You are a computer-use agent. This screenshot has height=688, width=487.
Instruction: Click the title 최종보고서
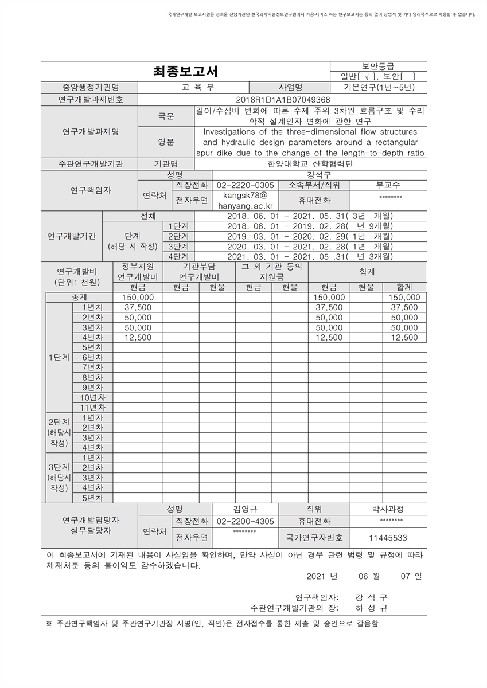pos(185,72)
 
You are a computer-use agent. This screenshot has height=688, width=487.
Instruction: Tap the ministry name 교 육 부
pos(193,88)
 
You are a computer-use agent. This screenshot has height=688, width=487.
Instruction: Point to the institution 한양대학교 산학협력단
pos(310,163)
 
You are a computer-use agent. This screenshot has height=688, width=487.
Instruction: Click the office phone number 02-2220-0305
pos(245,185)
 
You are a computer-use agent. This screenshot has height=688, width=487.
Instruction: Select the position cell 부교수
pos(388,185)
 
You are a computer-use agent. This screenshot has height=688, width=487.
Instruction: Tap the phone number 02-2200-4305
pos(245,522)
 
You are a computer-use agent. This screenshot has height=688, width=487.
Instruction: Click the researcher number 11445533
pos(388,538)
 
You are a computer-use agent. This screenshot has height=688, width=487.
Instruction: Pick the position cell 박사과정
pos(388,509)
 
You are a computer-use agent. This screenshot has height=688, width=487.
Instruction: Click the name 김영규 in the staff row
pos(245,509)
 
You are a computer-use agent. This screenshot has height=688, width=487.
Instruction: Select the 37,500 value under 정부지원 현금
pos(138,308)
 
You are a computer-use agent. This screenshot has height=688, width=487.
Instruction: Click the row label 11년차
pos(92,408)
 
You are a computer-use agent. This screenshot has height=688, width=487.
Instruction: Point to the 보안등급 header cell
pos(378,66)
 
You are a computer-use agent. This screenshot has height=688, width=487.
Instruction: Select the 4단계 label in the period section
pos(178,256)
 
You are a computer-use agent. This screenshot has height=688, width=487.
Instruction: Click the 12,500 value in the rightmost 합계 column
pos(404,338)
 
